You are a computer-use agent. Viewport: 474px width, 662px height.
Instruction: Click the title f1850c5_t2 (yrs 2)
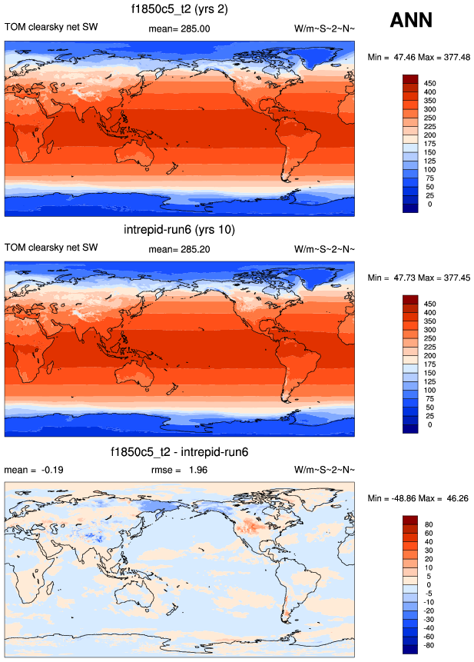pos(179,10)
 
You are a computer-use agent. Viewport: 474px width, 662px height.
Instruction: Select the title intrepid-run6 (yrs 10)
pos(179,230)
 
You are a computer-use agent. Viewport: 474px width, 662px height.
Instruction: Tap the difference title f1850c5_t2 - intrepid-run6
pos(179,451)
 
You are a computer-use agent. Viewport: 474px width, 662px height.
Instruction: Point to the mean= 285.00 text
pos(179,28)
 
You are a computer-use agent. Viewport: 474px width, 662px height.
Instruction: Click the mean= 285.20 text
pos(179,248)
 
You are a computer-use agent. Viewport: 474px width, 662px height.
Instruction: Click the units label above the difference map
pos(325,469)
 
